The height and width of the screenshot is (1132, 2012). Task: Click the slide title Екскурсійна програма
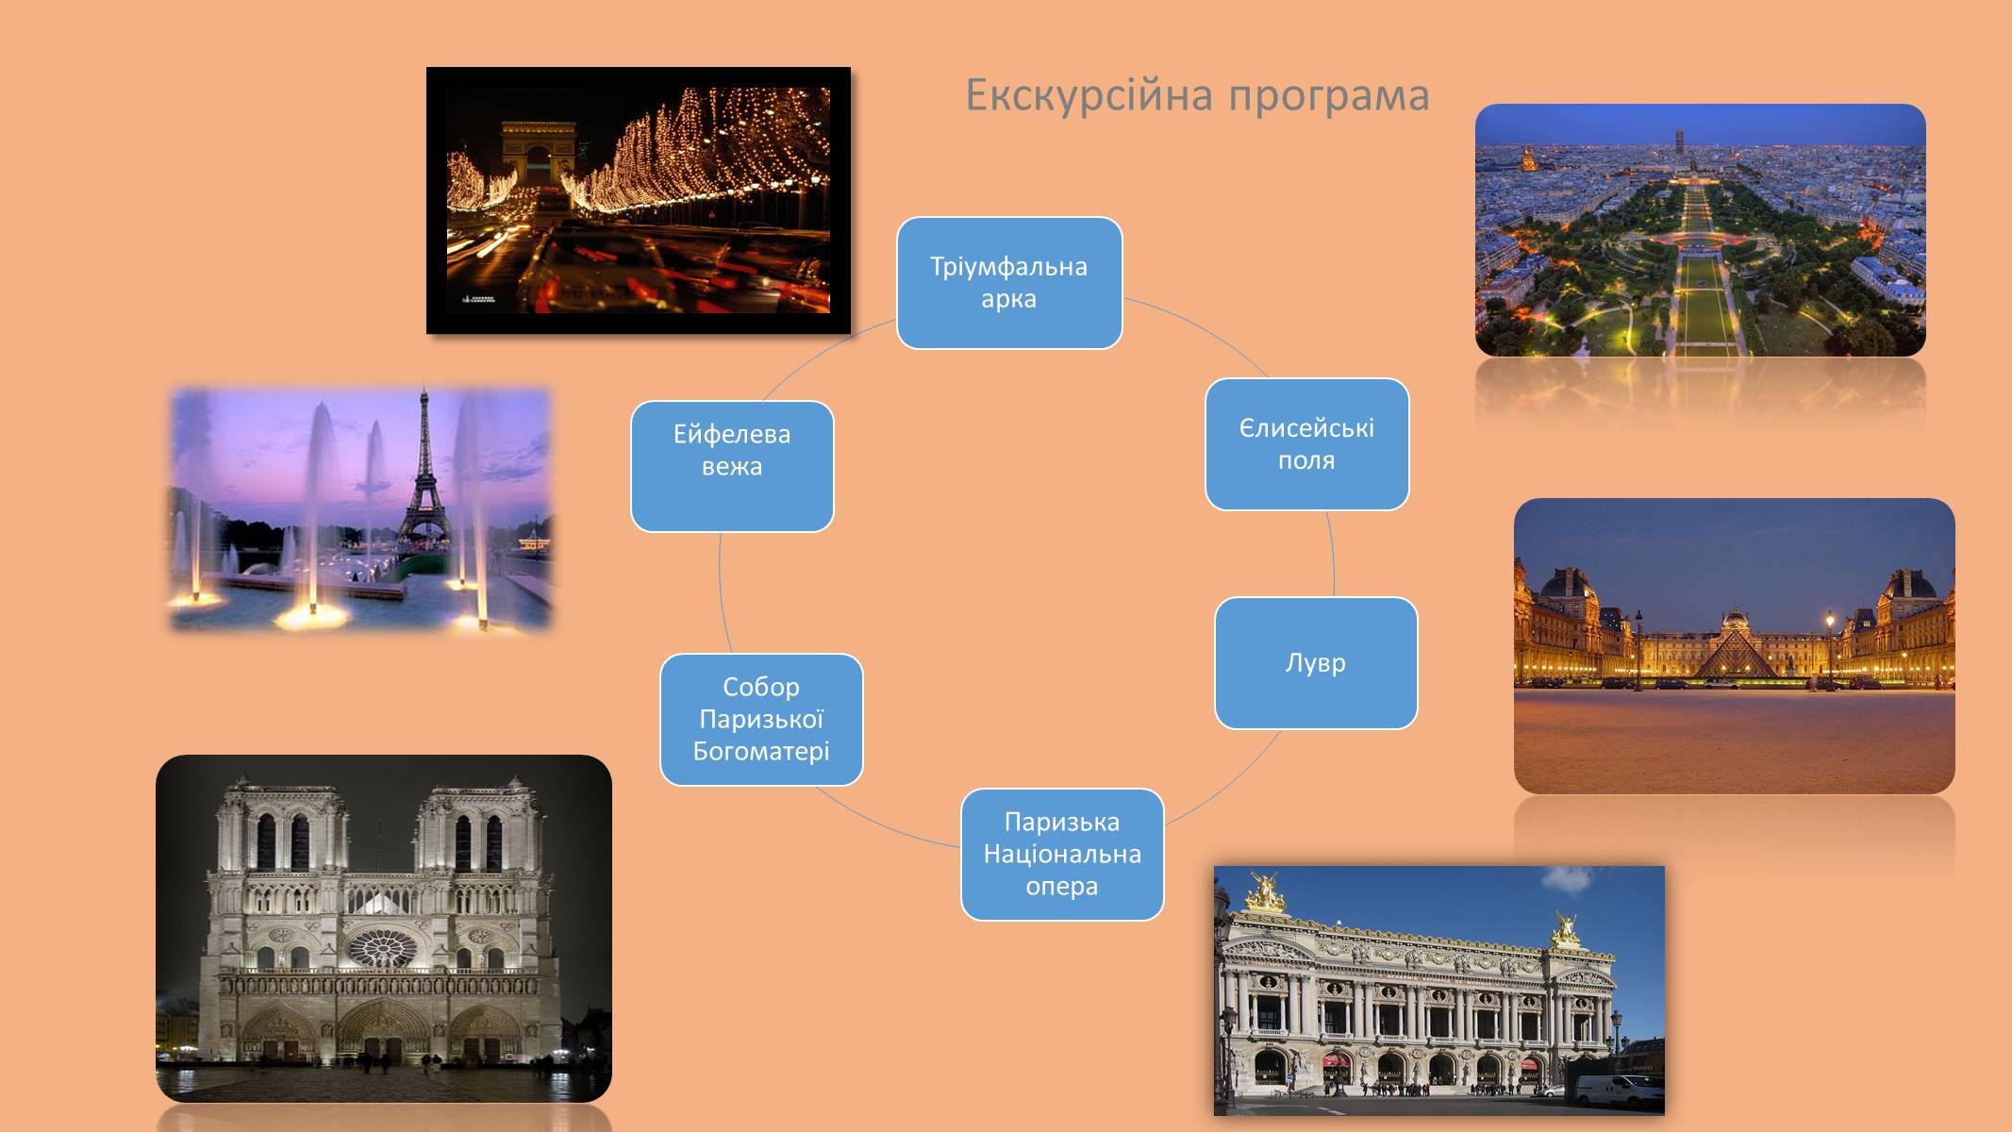tap(1197, 95)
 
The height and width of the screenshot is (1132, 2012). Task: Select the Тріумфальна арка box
tap(1009, 283)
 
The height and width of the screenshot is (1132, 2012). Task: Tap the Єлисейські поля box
tap(1307, 444)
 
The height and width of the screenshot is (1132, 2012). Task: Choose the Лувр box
tap(1316, 663)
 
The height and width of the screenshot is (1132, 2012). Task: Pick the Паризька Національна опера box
tap(1062, 855)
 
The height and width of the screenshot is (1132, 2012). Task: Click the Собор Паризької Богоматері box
tap(761, 720)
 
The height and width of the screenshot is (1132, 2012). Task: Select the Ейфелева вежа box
tap(732, 467)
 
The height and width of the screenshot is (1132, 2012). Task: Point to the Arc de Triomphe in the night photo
tap(538, 155)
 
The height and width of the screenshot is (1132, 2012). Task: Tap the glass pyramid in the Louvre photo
tap(1735, 655)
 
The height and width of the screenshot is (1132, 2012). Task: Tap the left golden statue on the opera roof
tap(1266, 891)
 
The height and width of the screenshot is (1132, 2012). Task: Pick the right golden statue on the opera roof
tap(1566, 928)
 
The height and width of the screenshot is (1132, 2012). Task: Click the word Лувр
tap(1316, 663)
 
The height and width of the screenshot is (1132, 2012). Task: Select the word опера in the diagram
tap(1062, 887)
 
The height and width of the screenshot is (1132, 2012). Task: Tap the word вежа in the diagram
tap(732, 467)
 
